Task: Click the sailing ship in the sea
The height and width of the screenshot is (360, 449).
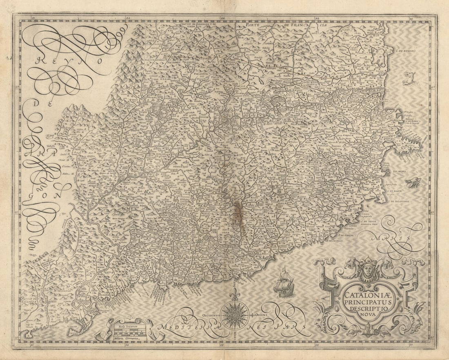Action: tap(284, 282)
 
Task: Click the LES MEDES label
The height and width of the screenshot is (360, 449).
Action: tap(400, 171)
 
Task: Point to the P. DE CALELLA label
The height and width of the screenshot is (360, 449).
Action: tap(333, 241)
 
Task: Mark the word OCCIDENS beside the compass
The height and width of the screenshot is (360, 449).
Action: tap(210, 315)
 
